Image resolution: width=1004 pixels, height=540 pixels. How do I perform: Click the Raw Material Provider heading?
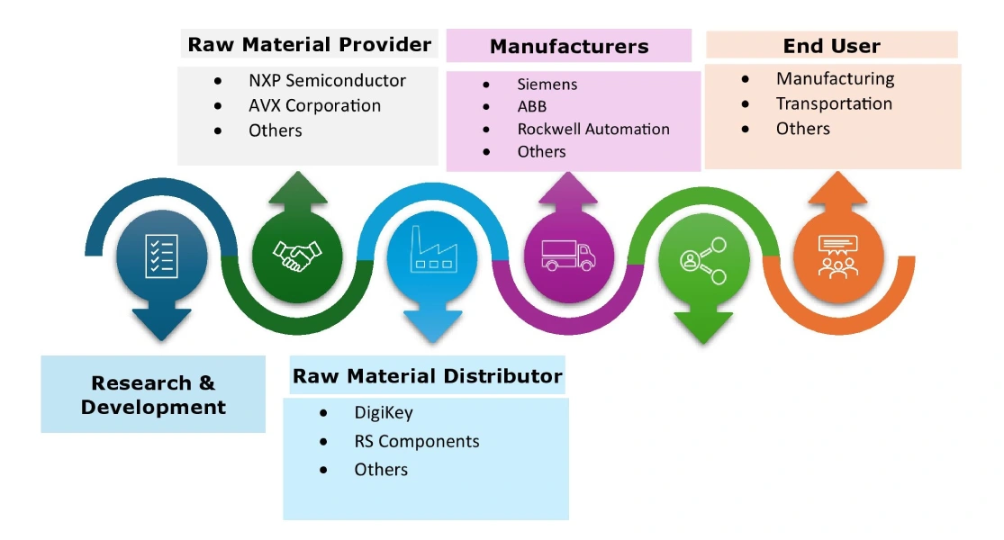point(309,44)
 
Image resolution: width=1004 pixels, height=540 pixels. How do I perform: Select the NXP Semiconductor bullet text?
point(327,80)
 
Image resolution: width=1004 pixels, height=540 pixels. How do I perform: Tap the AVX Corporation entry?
point(314,105)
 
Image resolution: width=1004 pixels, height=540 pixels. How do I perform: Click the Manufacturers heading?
point(569,46)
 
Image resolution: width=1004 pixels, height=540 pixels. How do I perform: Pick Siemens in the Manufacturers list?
point(547,85)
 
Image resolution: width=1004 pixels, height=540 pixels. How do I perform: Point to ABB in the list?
point(531,107)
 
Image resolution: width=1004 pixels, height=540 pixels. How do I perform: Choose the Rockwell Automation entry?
point(592,129)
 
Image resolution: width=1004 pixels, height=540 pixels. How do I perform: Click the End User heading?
point(831,46)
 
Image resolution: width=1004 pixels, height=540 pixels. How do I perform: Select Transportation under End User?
point(834,103)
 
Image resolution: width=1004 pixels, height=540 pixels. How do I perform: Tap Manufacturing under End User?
point(835,78)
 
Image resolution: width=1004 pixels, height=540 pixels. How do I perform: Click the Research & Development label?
point(153,395)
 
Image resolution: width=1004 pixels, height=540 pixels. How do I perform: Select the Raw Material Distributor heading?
point(428,376)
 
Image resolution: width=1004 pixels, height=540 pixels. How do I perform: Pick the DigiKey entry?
point(383,414)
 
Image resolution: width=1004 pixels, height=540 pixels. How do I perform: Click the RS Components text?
point(416,442)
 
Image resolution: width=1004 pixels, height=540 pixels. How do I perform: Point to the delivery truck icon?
point(567,255)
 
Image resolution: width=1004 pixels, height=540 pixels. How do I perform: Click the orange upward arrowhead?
point(837,191)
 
